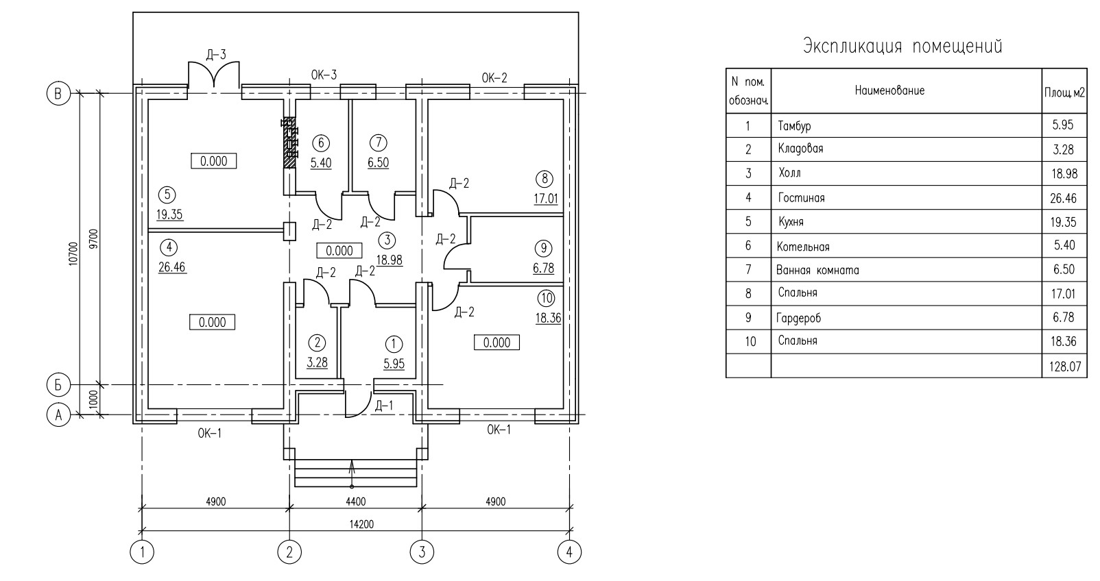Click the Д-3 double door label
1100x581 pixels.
coord(216,54)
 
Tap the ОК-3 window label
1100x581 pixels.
coord(324,75)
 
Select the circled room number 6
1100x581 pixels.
coord(321,143)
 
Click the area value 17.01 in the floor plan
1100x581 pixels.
coord(546,198)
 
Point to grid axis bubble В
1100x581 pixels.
coord(58,93)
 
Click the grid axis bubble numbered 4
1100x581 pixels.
coord(569,552)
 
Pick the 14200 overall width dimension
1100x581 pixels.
coord(361,524)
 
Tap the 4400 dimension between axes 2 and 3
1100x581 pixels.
coord(355,502)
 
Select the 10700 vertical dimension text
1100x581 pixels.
coord(73,254)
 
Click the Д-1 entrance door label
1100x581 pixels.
coord(384,406)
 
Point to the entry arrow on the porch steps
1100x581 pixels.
coord(352,473)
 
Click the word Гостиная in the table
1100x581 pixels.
coord(801,198)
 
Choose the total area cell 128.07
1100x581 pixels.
coord(1064,366)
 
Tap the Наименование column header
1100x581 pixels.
coord(889,90)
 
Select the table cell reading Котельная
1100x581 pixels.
coord(803,247)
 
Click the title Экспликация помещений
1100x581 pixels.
coord(902,47)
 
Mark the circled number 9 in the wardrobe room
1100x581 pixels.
coord(543,248)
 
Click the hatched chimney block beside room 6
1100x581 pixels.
coord(289,143)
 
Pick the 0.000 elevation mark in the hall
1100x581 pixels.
coord(339,251)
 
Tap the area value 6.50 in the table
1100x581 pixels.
coord(1064,269)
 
